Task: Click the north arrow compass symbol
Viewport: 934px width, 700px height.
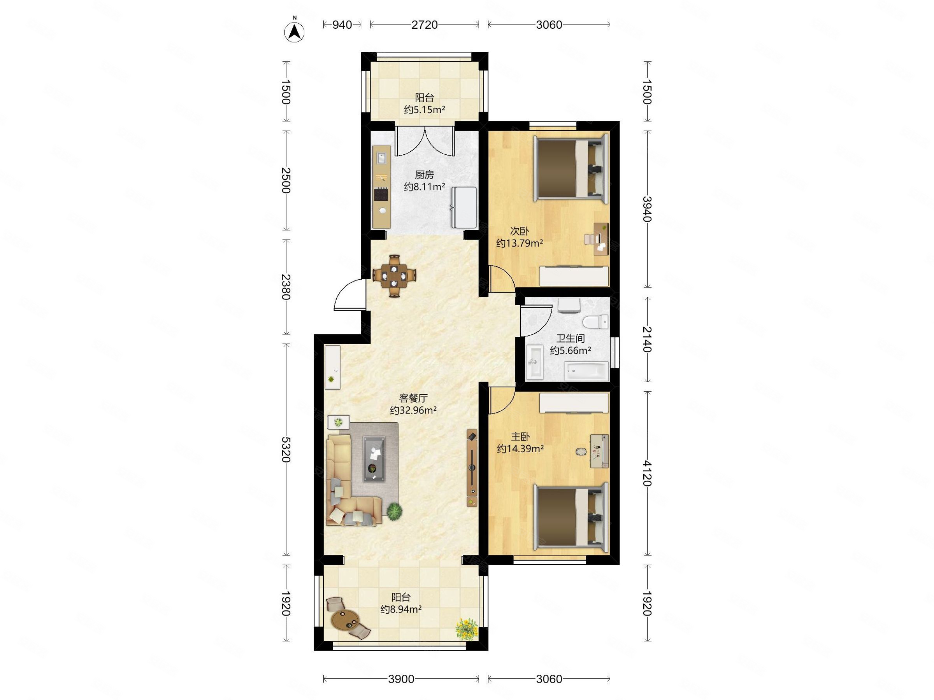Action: (294, 31)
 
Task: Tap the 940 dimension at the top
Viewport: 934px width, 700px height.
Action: (342, 25)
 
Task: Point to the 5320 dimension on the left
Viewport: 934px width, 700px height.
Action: (286, 450)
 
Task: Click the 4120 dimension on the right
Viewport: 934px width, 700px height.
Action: (647, 473)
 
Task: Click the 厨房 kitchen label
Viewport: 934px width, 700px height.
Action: (424, 175)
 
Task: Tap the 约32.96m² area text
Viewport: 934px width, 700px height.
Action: (413, 410)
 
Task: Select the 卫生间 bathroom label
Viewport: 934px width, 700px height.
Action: (570, 338)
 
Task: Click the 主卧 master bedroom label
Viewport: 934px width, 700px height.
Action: (520, 437)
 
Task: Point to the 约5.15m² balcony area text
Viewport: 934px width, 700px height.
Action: (424, 110)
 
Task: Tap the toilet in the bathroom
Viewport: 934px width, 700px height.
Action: (595, 323)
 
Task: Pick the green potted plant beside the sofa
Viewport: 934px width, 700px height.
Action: (394, 512)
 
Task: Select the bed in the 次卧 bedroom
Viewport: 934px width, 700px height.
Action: (571, 168)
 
